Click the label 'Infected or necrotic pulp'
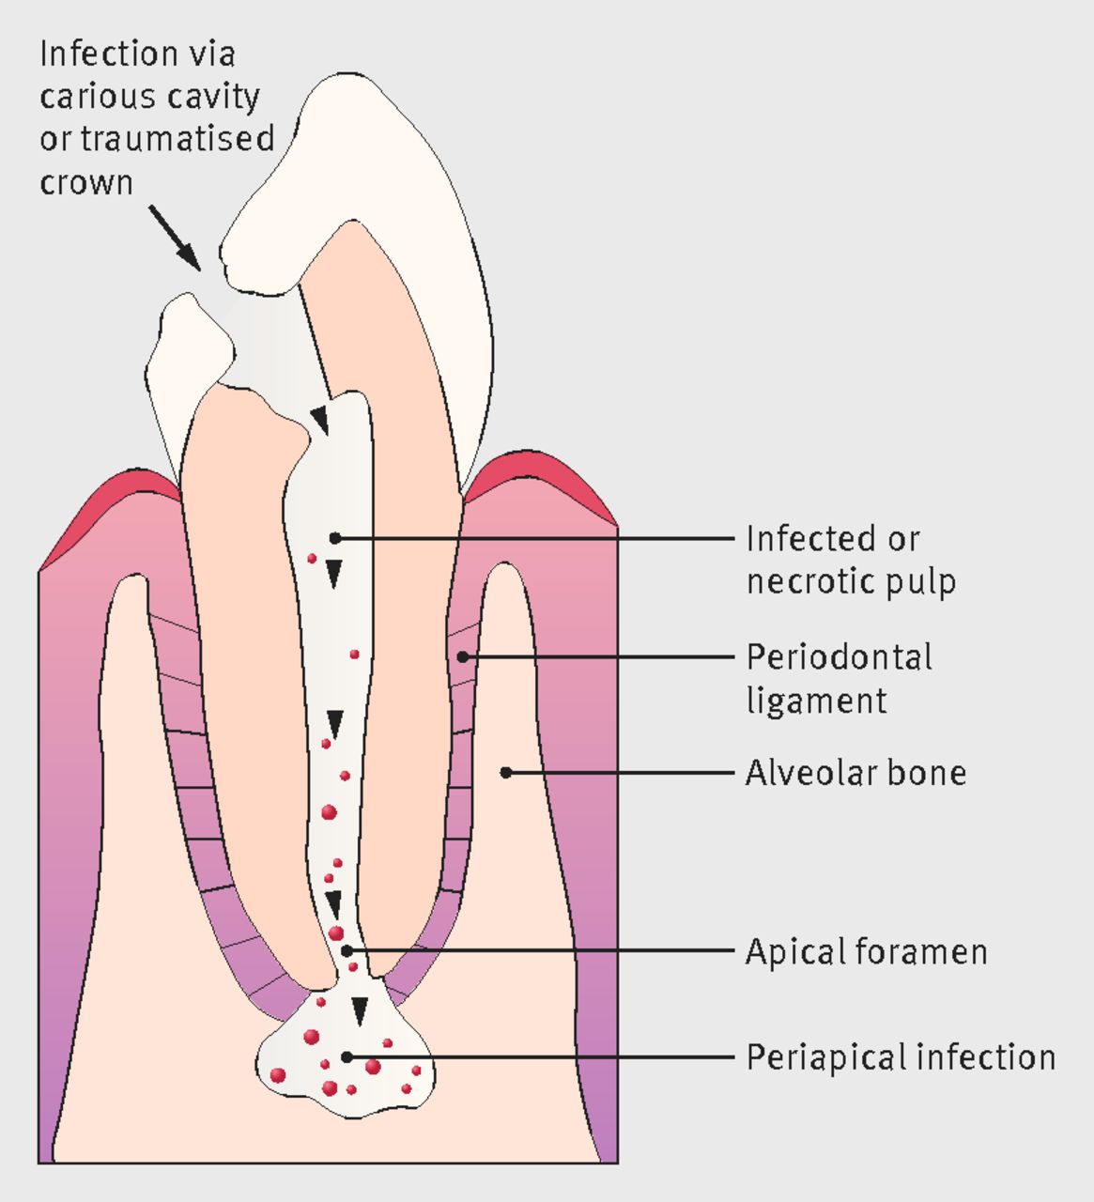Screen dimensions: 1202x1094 [x=850, y=560]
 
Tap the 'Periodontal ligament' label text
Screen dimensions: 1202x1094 [x=839, y=678]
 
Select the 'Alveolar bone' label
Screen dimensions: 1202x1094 [x=855, y=773]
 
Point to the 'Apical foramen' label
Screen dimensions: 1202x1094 [x=866, y=951]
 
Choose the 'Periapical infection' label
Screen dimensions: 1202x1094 [x=900, y=1057]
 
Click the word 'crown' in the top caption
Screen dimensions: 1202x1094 [x=85, y=181]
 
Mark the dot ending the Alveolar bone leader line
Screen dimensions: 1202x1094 [x=506, y=773]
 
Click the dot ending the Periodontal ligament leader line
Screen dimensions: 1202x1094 [x=463, y=656]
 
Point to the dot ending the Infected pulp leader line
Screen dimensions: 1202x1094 [x=334, y=538]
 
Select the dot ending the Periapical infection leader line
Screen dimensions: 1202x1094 [x=347, y=1056]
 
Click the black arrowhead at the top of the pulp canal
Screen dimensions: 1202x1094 [x=321, y=420]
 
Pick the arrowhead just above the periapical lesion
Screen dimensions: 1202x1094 [x=359, y=1010]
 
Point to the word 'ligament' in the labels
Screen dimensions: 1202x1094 [x=816, y=701]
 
